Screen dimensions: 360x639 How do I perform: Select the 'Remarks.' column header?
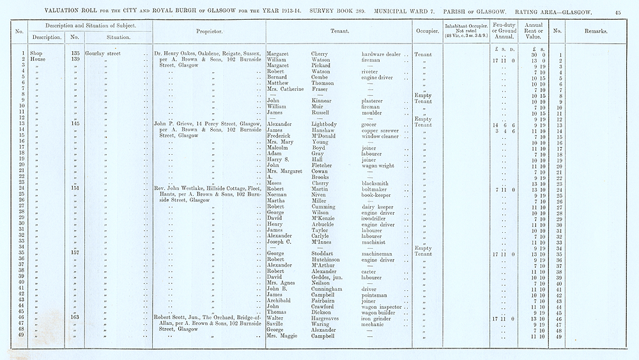coord(595,30)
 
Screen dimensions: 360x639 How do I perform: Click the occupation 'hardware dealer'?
coord(381,54)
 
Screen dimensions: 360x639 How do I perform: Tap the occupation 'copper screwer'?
coord(381,130)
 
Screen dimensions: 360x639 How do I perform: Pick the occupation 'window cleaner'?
coord(382,136)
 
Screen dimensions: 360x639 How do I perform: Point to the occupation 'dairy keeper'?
coord(380,207)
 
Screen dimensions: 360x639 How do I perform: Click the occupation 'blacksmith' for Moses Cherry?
coord(377,183)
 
